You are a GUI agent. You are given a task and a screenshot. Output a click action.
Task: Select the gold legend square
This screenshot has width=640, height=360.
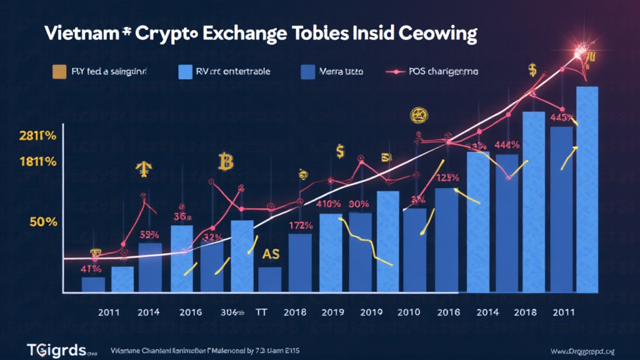[61, 73]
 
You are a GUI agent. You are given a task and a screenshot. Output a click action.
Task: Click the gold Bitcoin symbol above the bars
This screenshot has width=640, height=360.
[225, 162]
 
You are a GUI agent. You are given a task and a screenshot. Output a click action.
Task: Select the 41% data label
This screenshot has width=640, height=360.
[91, 269]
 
